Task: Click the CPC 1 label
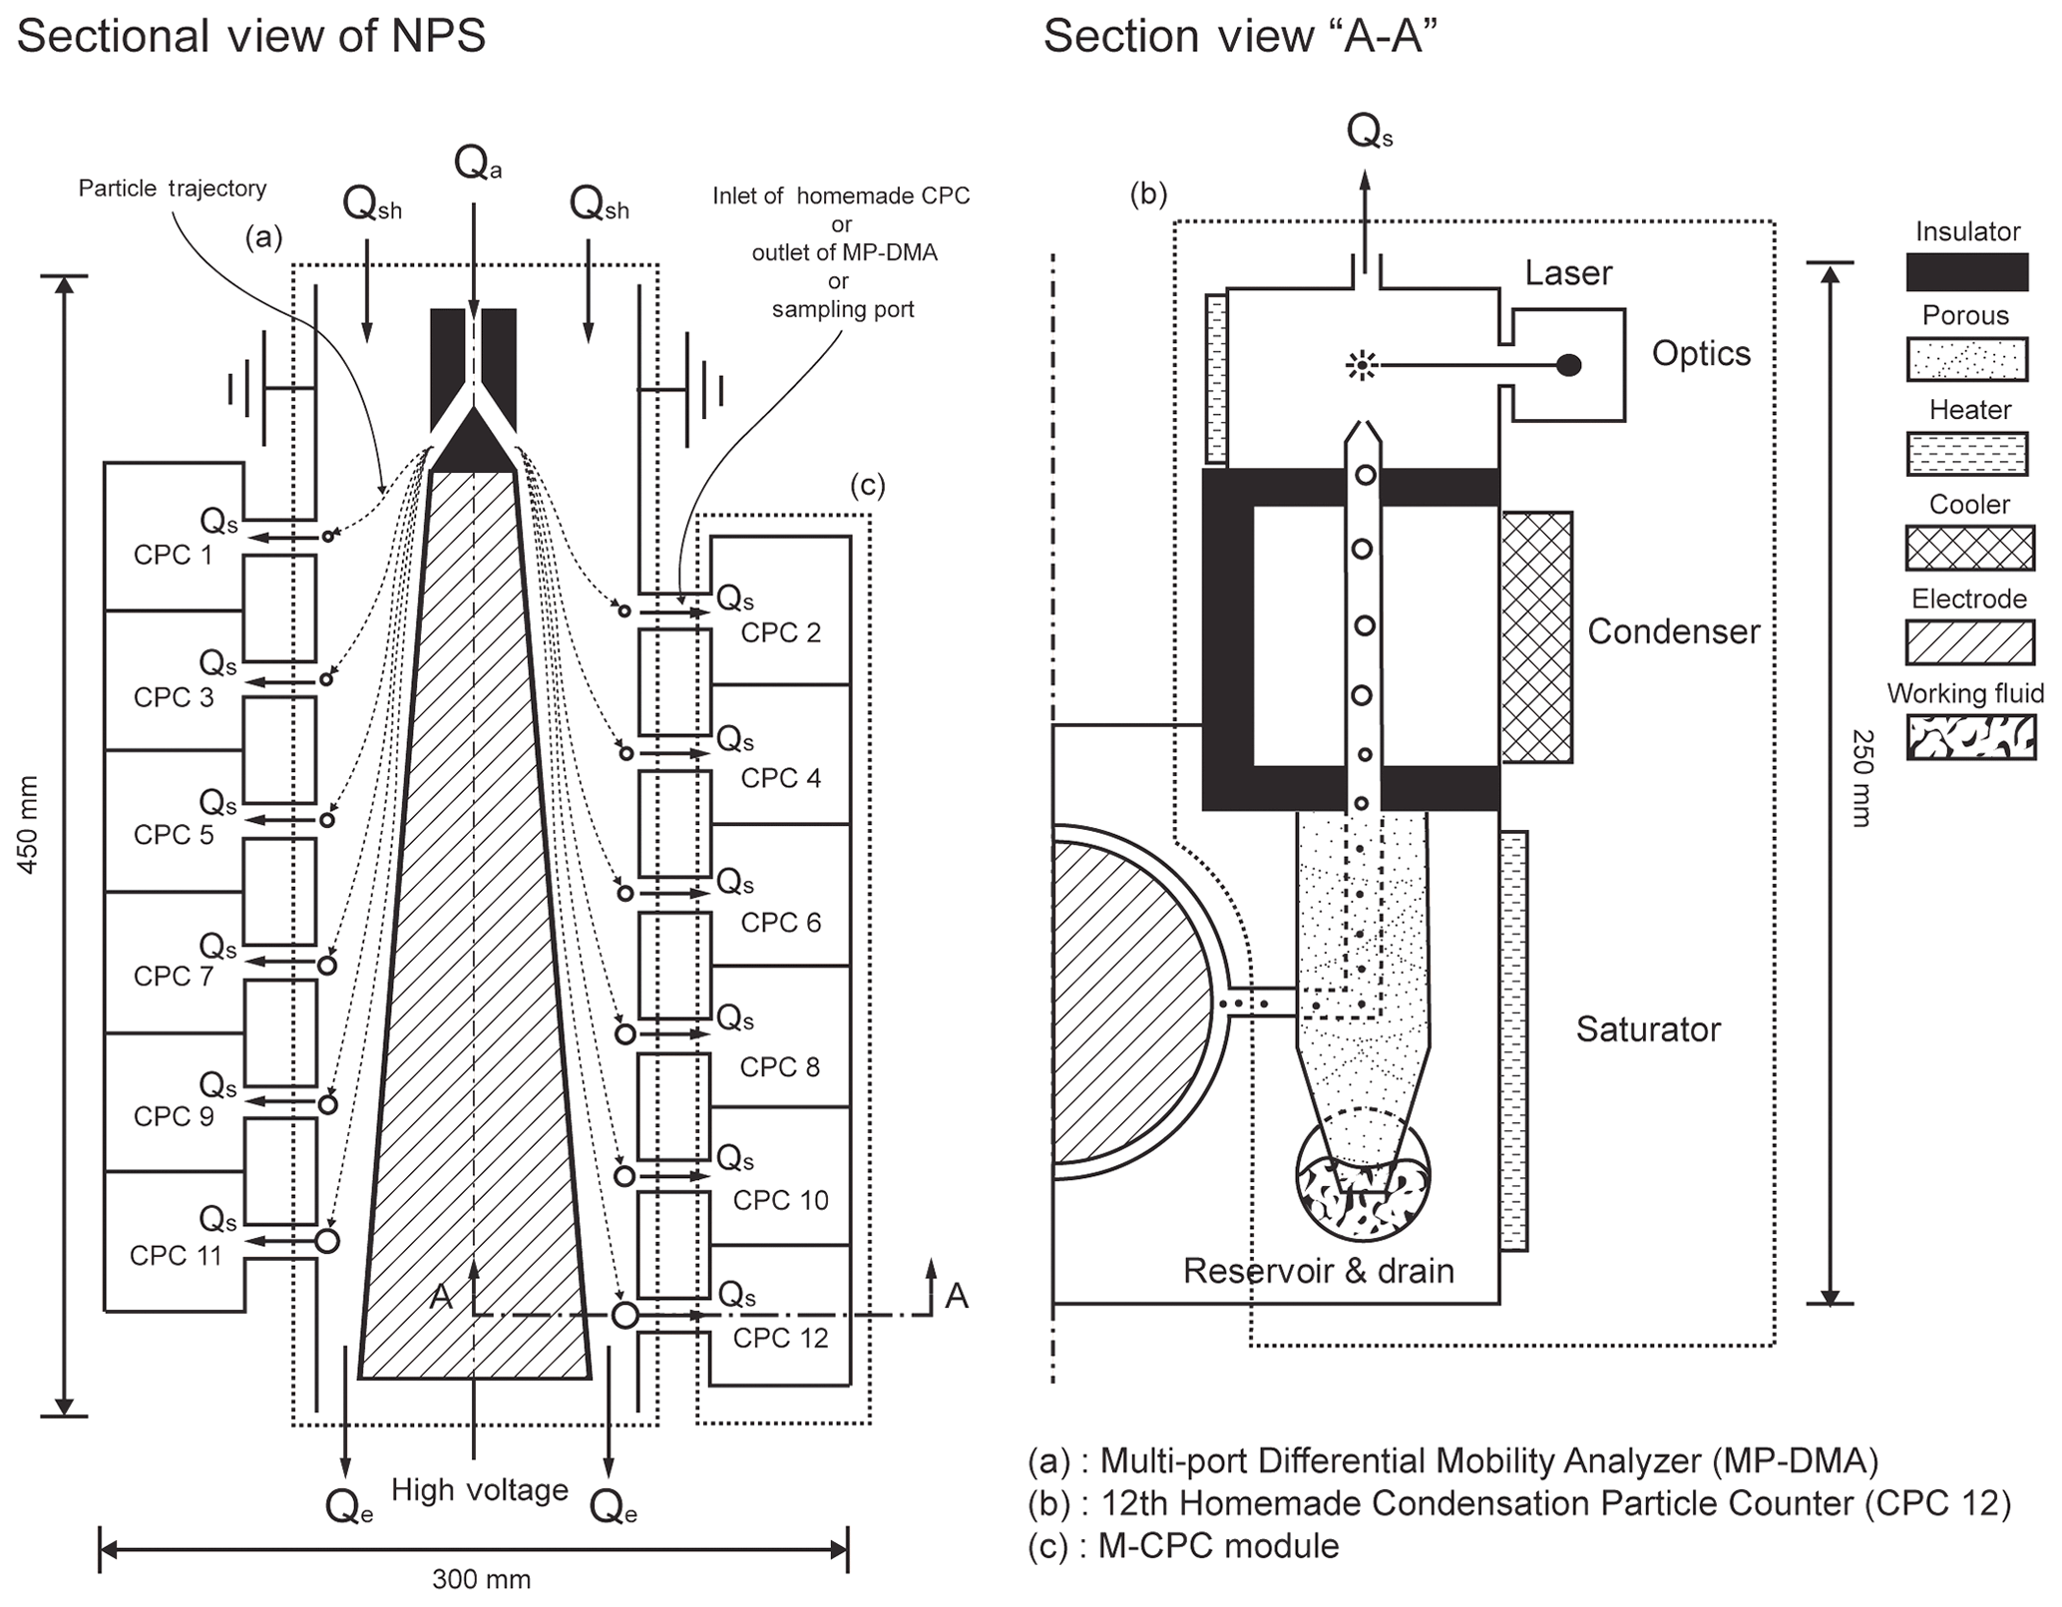coord(173,555)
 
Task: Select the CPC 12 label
coord(780,1338)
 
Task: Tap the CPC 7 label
coord(174,976)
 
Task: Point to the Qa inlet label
coord(477,163)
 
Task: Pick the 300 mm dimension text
coord(481,1579)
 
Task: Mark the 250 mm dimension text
coord(1861,778)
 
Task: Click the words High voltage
coord(479,1489)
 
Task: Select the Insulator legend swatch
coord(1966,271)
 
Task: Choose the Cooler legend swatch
coord(1969,548)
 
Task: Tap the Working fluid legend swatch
coord(1970,738)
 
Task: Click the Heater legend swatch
coord(1966,453)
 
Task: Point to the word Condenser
coord(1673,631)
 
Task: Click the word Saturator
coord(1648,1028)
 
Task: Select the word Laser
coord(1568,272)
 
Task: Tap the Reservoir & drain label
coord(1318,1270)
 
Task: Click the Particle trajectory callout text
coord(173,189)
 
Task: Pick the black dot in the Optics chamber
coord(1568,365)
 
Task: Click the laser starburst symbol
coord(1360,366)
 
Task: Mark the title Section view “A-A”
coord(1240,37)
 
